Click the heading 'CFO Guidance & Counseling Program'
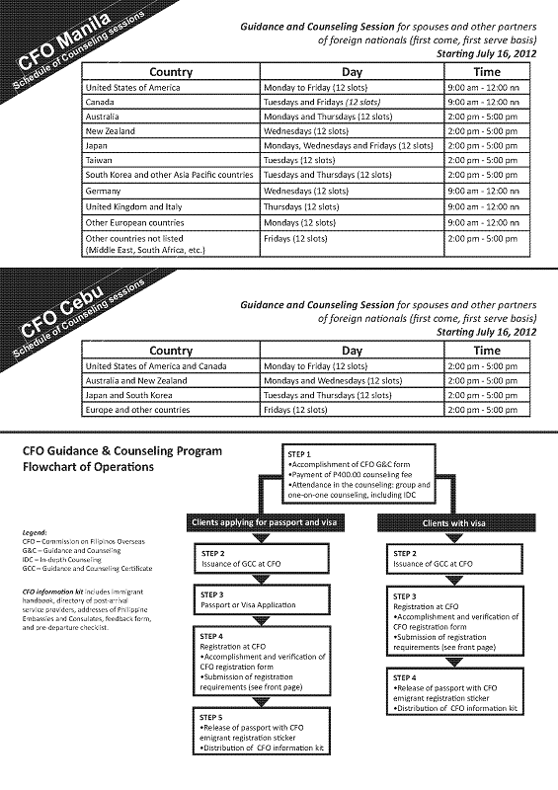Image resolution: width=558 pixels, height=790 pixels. pyautogui.click(x=121, y=451)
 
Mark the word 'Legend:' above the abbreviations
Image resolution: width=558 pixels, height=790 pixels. pyautogui.click(x=35, y=533)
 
